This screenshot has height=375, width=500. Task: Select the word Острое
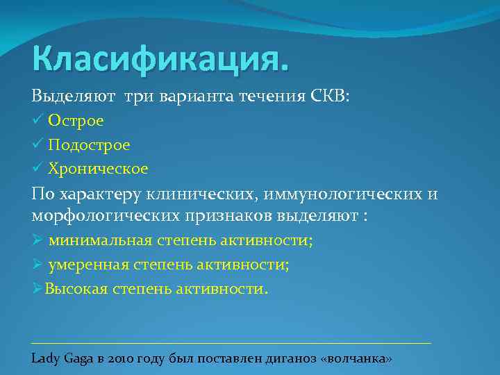(x=76, y=121)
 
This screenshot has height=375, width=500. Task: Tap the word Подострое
(x=89, y=144)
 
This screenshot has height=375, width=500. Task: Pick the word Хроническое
(x=97, y=168)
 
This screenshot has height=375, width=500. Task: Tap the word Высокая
(x=76, y=288)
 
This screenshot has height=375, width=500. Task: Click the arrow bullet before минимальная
(x=37, y=240)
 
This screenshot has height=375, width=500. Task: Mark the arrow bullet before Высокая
(x=37, y=288)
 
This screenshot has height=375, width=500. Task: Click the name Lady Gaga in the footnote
(x=60, y=359)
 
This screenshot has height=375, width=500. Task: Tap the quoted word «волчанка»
(x=357, y=359)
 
